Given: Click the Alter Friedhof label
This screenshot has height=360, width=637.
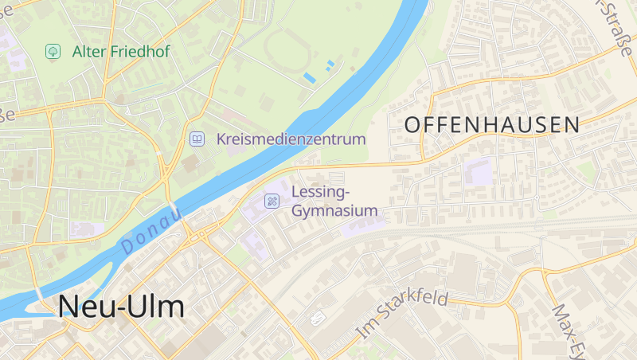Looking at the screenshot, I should click(x=120, y=52).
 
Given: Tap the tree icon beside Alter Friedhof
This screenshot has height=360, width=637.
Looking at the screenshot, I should click(x=53, y=52).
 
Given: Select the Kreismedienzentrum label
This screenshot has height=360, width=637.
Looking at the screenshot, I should click(x=291, y=139).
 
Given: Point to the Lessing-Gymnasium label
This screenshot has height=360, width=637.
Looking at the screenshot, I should click(x=334, y=202).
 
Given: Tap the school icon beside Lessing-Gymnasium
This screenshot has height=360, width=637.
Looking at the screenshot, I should click(x=272, y=201).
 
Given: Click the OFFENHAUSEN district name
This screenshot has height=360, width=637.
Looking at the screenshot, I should click(x=492, y=124).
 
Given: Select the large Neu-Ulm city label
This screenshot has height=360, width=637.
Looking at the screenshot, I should click(x=120, y=307).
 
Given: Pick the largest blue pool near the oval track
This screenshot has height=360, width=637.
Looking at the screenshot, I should click(x=309, y=77).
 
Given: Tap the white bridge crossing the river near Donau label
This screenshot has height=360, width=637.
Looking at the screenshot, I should click(x=174, y=210).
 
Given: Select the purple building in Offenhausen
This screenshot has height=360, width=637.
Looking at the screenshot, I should click(x=479, y=170).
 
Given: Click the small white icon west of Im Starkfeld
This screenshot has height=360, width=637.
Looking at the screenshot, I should click(x=318, y=318).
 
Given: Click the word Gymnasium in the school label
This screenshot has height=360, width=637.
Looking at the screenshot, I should click(x=334, y=211).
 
